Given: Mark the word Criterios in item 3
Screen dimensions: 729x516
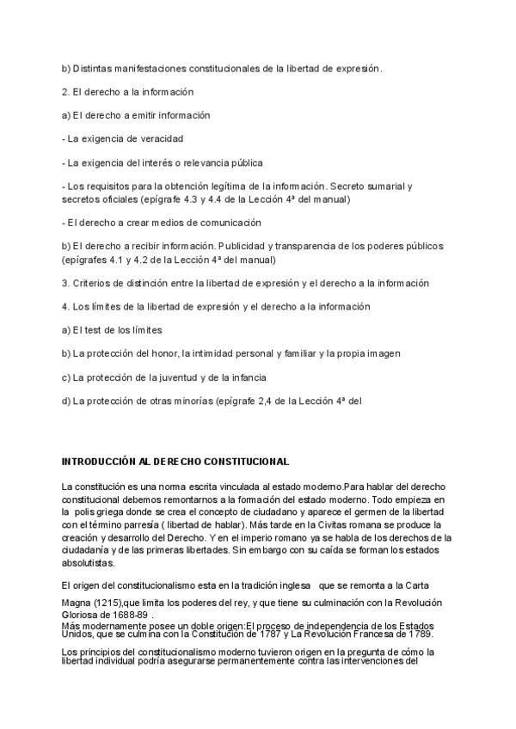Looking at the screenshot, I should [x=92, y=282].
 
